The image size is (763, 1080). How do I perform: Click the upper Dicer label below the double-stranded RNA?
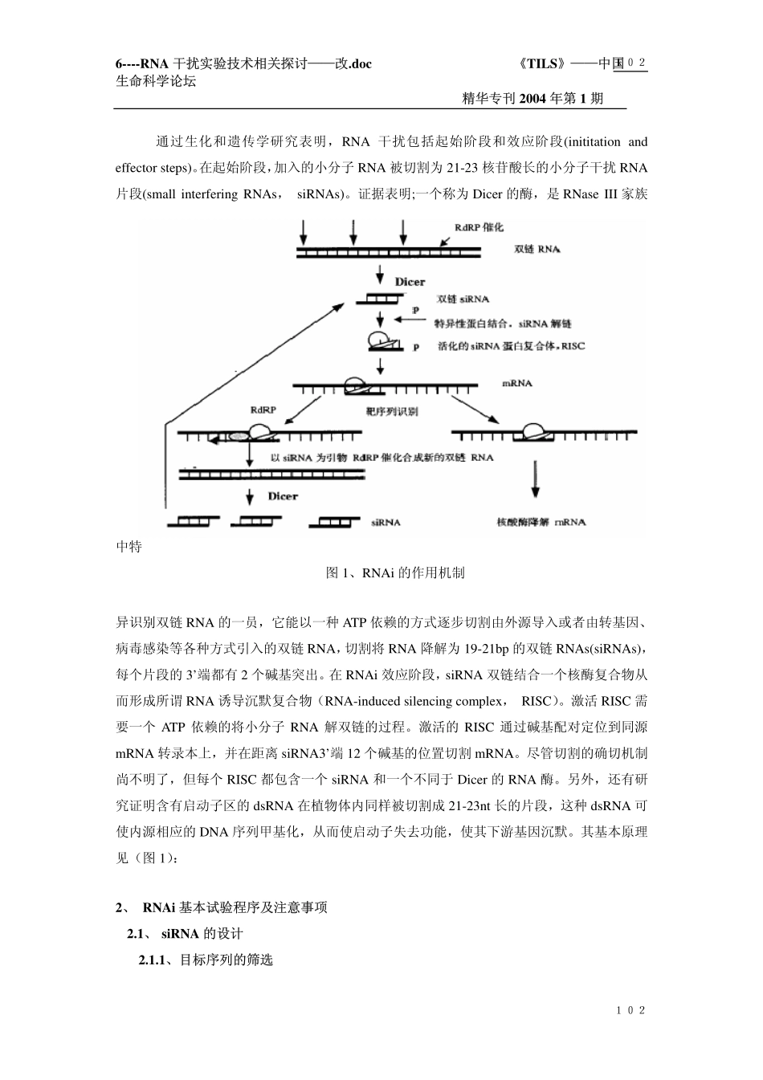coord(410,283)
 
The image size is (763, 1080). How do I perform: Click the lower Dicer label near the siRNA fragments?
coord(283,496)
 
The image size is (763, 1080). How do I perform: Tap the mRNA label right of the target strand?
coord(517,384)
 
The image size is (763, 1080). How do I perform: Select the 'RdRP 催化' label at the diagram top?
coord(479,228)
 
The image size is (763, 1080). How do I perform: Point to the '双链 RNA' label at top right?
coord(537,250)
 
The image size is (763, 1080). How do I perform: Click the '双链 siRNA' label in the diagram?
coord(462,300)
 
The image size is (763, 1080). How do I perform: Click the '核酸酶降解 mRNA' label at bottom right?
coord(541,522)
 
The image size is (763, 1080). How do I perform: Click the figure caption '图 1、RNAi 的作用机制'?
coord(394,573)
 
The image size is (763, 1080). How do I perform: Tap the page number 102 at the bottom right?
coord(631,1010)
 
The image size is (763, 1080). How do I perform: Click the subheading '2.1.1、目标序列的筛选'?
coord(206,960)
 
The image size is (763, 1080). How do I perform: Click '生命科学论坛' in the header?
coord(156,81)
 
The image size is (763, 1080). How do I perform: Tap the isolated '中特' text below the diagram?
coord(129,547)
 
